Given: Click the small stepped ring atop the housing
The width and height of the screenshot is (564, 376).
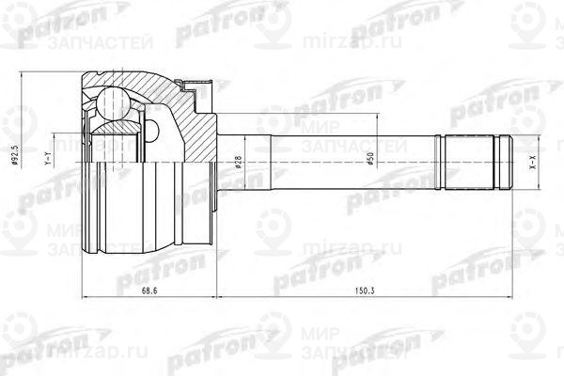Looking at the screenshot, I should [196, 89].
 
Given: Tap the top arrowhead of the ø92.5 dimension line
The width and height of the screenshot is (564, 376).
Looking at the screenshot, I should [23, 72].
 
